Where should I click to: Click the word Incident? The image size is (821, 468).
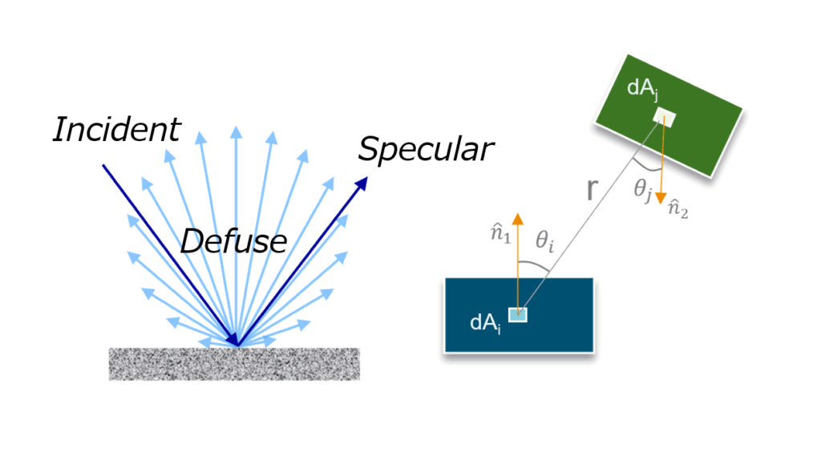coord(117,130)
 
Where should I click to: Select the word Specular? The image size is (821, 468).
coord(426,149)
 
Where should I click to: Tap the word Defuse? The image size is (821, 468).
coord(233,240)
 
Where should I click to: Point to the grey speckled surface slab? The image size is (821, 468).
coord(234,363)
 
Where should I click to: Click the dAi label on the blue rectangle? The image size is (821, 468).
coord(486,323)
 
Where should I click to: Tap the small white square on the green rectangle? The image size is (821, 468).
coord(664,118)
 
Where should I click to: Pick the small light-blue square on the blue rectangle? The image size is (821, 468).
coord(518,313)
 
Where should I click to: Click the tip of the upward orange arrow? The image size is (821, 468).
coord(518,216)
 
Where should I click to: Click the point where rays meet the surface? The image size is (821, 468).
coord(237,345)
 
